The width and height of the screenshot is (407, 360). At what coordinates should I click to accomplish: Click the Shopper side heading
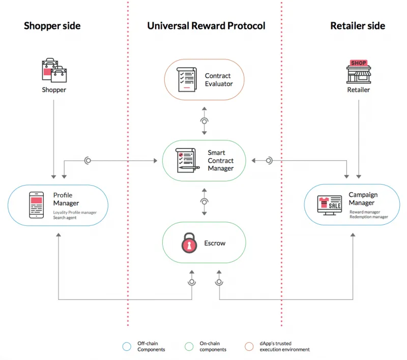[x=52, y=25]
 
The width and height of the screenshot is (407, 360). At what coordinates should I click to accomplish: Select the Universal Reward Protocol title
[x=206, y=25]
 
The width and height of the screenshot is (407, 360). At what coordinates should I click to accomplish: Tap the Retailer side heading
[x=358, y=25]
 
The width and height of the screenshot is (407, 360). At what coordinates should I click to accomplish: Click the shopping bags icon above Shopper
[x=54, y=70]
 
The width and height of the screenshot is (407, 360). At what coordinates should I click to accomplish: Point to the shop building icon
[x=359, y=72]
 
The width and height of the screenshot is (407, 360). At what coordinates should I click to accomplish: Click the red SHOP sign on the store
[x=359, y=63]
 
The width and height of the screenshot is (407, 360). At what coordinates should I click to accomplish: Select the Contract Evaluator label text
[x=219, y=80]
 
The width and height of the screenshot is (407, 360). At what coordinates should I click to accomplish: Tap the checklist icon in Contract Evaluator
[x=187, y=79]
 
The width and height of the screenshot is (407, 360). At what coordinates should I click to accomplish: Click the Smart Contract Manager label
[x=220, y=160]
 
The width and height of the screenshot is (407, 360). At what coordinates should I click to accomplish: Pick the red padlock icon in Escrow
[x=189, y=243]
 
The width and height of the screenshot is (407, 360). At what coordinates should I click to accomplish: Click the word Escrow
[x=215, y=243]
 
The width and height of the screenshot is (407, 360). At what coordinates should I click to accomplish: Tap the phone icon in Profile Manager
[x=36, y=205]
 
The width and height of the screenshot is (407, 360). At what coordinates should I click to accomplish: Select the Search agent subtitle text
[x=65, y=218]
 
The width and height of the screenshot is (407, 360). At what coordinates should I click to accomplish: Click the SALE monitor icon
[x=329, y=205]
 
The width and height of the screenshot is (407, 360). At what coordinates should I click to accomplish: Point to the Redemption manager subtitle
[x=368, y=217]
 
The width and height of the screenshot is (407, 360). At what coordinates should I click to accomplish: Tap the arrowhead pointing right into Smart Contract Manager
[x=156, y=161]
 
